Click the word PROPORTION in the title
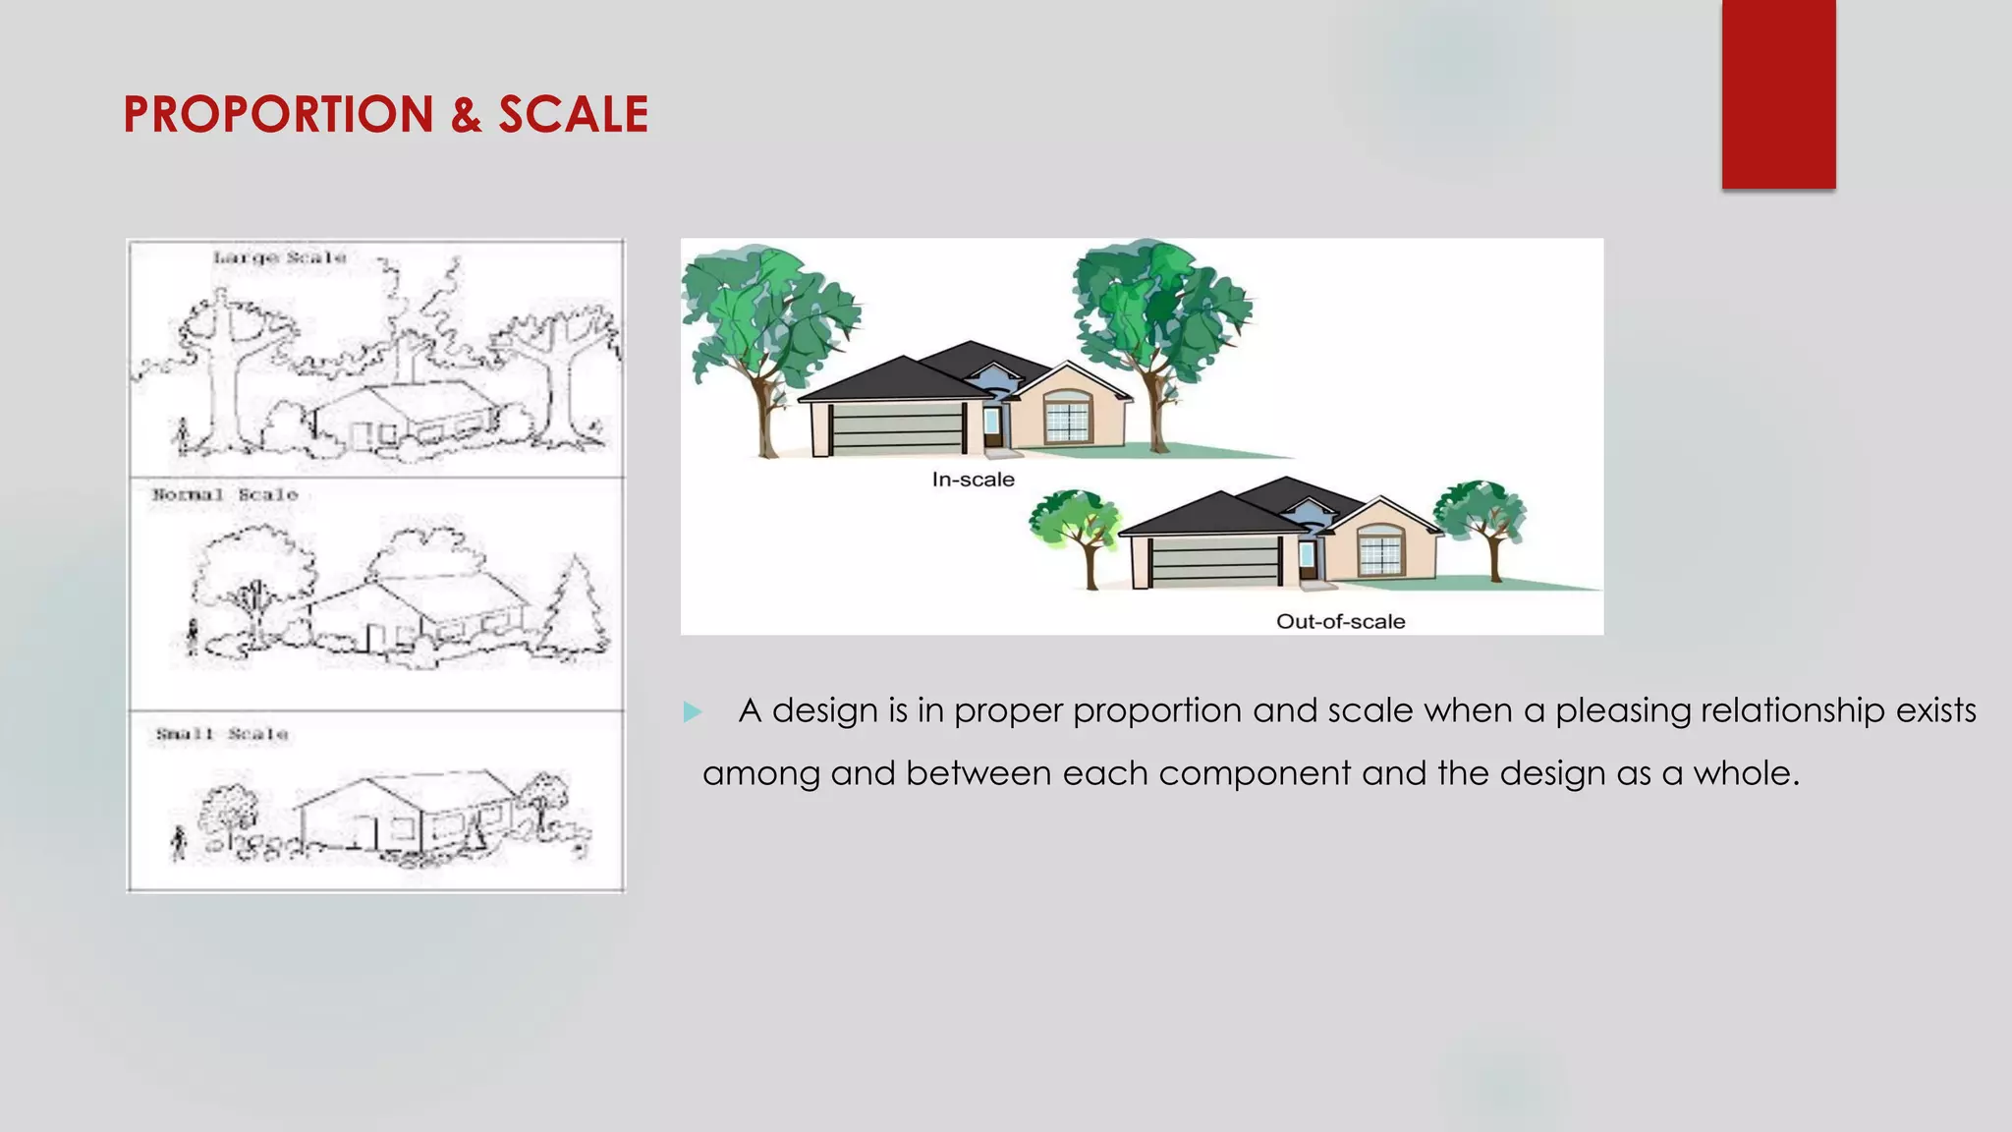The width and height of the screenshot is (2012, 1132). click(278, 115)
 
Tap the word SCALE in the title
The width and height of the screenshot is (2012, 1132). click(573, 115)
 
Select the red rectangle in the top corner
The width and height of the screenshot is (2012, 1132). click(1778, 94)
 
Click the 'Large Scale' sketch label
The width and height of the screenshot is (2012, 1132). click(280, 258)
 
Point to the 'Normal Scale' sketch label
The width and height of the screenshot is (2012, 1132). click(225, 495)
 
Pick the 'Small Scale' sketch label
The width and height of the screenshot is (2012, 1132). click(222, 734)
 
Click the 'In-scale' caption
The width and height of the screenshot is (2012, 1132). click(973, 480)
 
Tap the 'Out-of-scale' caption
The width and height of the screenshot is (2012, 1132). click(1340, 621)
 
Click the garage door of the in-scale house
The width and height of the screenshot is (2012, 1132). click(896, 429)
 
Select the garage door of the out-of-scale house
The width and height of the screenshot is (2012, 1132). click(1215, 564)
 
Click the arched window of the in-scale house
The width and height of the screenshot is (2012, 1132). click(1068, 417)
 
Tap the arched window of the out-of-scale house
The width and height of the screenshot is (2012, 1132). click(1381, 550)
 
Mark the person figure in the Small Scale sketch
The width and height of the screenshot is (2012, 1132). click(178, 842)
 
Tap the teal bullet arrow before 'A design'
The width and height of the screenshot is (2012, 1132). click(693, 711)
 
